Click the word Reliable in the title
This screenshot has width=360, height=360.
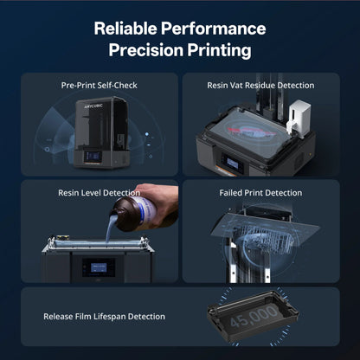tap(127, 28)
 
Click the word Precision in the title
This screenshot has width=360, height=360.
tap(145, 50)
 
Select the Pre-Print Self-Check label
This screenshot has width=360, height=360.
tap(99, 86)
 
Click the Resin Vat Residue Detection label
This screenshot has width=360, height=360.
tap(271, 86)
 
